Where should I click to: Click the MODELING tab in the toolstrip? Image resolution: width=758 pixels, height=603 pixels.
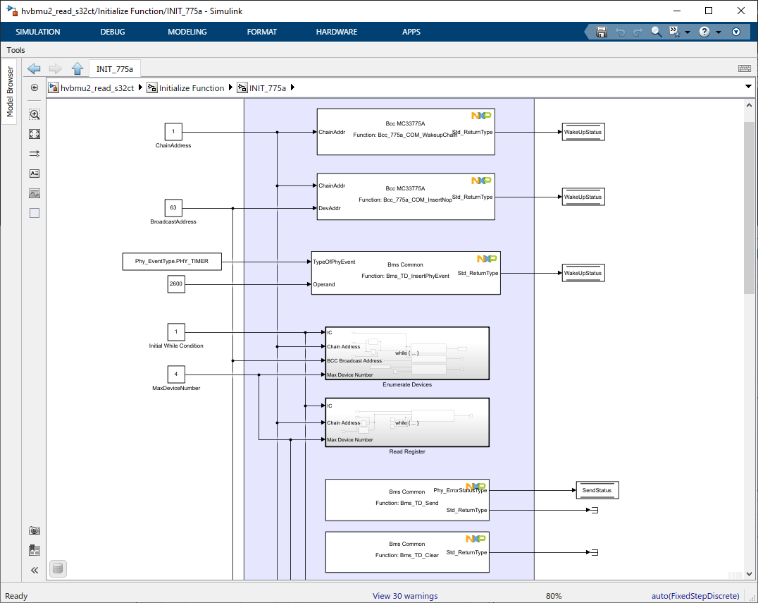pos(187,32)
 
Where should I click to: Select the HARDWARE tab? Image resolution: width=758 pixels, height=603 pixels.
pos(336,32)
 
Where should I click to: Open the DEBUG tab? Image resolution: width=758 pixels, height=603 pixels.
pos(113,32)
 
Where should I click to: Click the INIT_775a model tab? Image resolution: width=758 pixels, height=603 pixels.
pos(114,68)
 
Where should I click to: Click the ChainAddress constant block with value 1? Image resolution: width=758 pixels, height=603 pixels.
pos(173,132)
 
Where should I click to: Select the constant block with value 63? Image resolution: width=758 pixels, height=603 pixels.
pos(173,208)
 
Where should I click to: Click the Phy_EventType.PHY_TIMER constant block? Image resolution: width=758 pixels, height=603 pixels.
pos(172,262)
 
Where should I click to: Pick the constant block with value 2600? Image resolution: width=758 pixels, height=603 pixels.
pos(175,284)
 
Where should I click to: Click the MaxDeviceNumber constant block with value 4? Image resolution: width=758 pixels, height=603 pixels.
pos(175,374)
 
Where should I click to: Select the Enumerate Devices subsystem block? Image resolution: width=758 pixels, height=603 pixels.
pos(406,353)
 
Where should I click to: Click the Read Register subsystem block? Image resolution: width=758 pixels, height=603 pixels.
pos(406,422)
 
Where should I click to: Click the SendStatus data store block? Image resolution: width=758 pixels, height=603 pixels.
pos(597,490)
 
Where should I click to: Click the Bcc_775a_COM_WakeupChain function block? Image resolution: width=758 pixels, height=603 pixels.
pos(405,132)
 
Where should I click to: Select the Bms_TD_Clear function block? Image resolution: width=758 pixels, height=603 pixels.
pos(406,552)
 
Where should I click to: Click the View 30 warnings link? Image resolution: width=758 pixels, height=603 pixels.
pos(405,596)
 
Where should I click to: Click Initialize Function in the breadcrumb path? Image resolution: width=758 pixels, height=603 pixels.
pos(191,88)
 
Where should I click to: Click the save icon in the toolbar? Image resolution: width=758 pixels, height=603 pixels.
pos(602,32)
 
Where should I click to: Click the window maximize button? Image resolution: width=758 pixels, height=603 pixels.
pos(709,11)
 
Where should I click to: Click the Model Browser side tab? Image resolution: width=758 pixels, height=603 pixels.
pos(10,92)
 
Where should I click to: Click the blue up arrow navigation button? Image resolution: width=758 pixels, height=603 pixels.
pos(77,68)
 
